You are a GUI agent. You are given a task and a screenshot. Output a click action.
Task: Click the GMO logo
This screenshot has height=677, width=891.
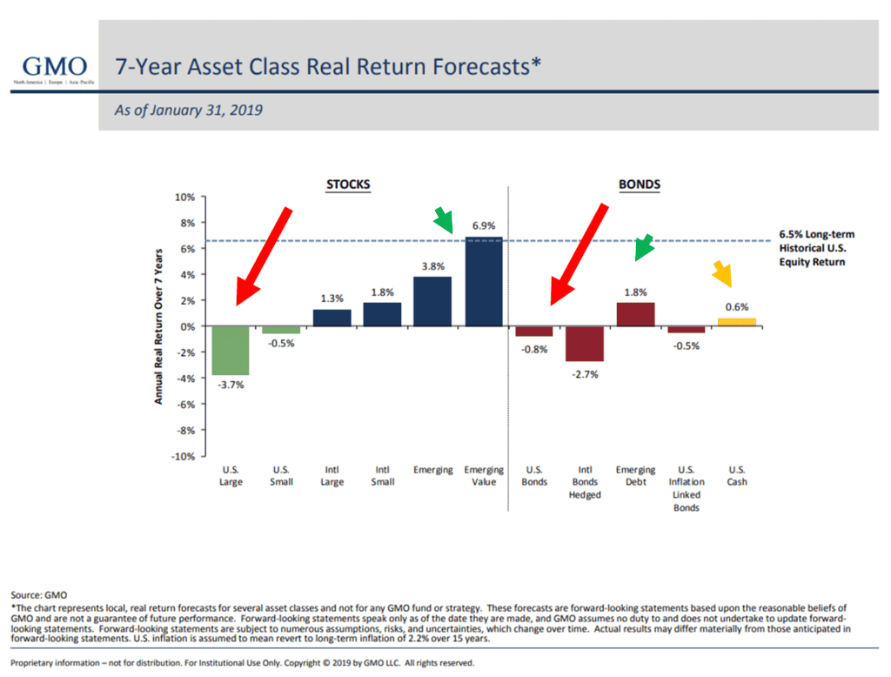[54, 70]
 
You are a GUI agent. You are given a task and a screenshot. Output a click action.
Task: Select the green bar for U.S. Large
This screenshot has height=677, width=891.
[231, 351]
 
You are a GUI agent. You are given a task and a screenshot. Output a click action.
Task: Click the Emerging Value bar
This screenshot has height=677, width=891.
[484, 282]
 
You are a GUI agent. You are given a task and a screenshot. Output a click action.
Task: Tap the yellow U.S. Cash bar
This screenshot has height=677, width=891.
[736, 322]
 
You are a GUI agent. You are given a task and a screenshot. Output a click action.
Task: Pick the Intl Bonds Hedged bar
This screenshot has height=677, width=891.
[585, 344]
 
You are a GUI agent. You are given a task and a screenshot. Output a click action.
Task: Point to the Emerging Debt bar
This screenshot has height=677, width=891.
[635, 314]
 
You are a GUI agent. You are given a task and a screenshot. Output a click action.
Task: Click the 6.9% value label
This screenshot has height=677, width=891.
[484, 226]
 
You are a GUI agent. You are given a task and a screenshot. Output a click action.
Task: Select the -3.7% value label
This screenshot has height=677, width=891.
[231, 385]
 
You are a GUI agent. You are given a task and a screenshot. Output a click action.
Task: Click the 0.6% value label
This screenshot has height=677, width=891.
[736, 306]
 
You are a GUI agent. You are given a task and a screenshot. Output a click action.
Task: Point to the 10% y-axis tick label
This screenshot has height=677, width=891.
[184, 197]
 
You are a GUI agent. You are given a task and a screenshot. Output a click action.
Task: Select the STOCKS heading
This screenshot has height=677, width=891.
[347, 184]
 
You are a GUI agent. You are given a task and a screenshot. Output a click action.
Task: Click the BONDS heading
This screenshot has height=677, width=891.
[639, 184]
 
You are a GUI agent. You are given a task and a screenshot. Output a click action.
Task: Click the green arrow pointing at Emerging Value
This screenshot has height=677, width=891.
[445, 221]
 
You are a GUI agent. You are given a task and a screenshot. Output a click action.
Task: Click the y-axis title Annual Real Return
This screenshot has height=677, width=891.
[159, 326]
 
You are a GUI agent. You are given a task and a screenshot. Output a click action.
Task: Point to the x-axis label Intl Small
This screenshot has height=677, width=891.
[383, 476]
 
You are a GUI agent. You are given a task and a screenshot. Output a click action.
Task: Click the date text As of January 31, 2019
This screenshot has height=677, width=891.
[189, 111]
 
